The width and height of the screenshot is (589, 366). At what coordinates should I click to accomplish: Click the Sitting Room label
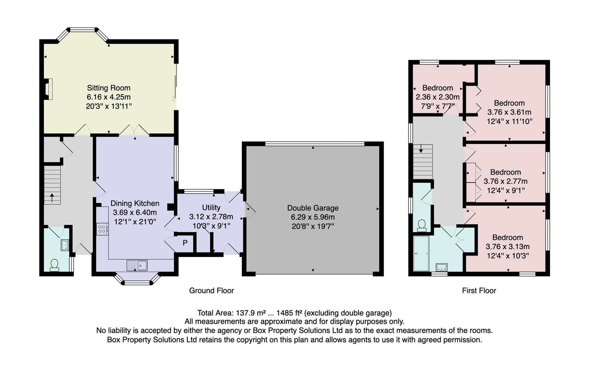109,88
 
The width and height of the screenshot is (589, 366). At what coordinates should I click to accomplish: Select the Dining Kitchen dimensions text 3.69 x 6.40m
135,212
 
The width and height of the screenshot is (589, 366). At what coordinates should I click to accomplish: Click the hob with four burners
102,229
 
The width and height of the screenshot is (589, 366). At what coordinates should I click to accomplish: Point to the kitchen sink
137,265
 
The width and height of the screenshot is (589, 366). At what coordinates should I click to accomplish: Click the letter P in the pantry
185,243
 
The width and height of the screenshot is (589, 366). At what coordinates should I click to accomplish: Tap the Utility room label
211,207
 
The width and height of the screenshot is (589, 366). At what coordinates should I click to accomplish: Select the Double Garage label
313,208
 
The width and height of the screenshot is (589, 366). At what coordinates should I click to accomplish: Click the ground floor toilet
54,265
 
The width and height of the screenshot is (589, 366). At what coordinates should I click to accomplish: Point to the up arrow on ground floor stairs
52,197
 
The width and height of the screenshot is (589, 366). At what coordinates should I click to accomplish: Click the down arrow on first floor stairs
421,148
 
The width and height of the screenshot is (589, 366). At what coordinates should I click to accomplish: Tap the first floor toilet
422,225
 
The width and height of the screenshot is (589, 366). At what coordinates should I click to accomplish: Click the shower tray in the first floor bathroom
421,253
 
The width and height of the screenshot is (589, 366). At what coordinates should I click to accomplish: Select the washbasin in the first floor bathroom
441,267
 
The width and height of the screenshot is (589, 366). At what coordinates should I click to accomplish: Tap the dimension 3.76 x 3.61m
509,112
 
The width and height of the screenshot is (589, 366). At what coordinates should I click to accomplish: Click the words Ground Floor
211,290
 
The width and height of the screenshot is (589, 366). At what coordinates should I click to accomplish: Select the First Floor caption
479,290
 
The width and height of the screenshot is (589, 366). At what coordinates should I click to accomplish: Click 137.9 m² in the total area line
251,313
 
